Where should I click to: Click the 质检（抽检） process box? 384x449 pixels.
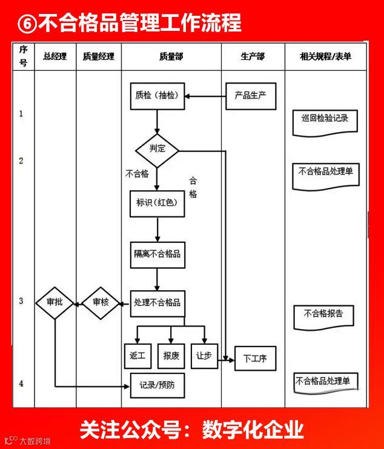157,95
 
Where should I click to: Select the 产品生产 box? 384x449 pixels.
251,96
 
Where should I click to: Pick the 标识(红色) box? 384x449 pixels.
157,202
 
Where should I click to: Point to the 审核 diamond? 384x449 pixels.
101,302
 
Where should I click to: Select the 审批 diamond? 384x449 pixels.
55,302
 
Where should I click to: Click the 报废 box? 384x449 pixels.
171,356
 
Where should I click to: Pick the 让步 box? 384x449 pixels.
204,356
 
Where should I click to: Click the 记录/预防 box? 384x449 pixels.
157,385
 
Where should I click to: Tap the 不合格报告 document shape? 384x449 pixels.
323,314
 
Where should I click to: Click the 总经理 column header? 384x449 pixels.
55,56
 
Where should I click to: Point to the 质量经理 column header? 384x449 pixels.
99,56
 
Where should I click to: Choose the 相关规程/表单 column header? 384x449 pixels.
325,56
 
